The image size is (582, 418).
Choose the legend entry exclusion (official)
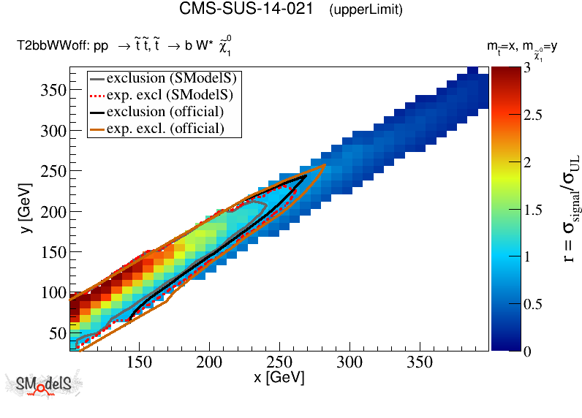tap(165, 111)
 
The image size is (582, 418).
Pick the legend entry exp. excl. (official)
tap(165, 129)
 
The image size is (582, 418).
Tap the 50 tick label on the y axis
tap(56, 333)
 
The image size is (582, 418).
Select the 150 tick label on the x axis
tap(139, 362)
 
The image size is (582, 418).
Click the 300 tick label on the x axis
tap(349, 362)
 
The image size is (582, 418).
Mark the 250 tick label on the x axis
tap(279, 362)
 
